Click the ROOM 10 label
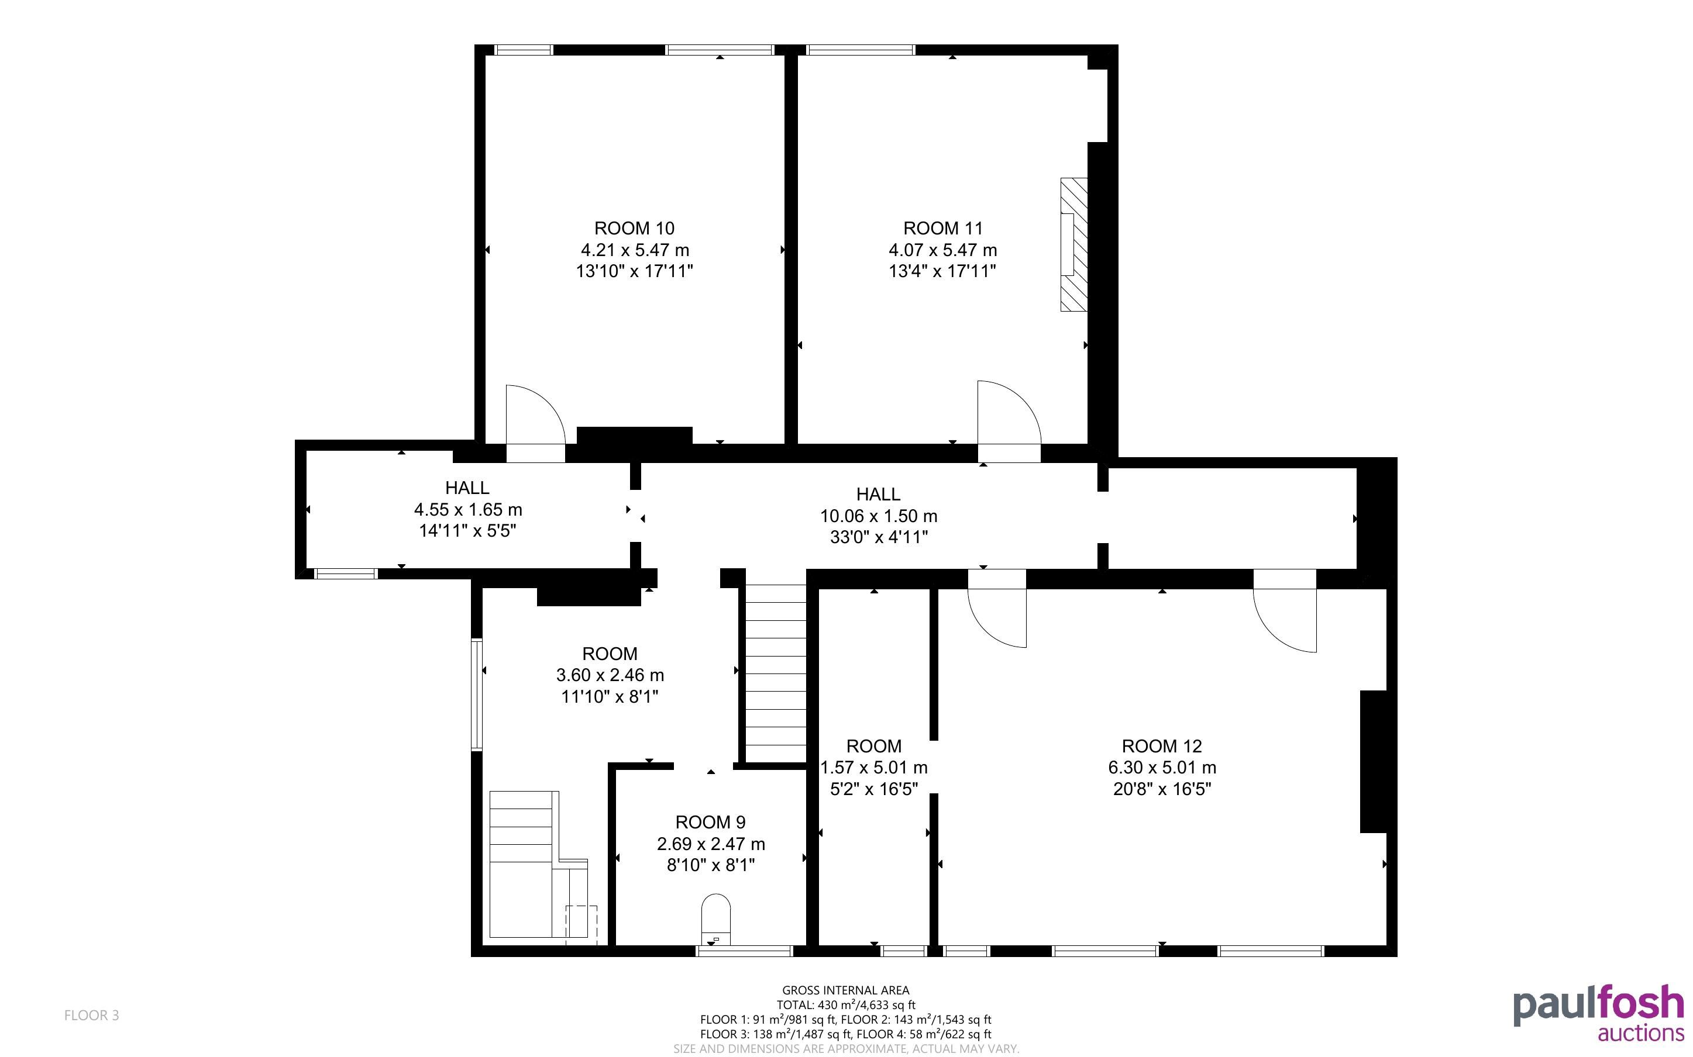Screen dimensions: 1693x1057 (634, 228)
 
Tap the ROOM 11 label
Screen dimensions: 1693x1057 (942, 228)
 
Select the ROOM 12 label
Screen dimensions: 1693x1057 (1162, 746)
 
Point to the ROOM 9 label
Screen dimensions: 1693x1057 (710, 822)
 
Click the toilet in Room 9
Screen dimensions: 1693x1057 (715, 918)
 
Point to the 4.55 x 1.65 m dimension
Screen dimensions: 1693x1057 (468, 510)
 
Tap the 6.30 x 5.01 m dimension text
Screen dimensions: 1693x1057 (1162, 768)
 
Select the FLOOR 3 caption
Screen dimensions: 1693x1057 (92, 1015)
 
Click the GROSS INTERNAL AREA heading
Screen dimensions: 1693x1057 (845, 990)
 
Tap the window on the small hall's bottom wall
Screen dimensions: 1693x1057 (346, 574)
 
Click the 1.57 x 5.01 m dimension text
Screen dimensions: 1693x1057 (873, 768)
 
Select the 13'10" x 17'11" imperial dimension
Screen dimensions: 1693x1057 (634, 271)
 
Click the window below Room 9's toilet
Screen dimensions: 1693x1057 (745, 951)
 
